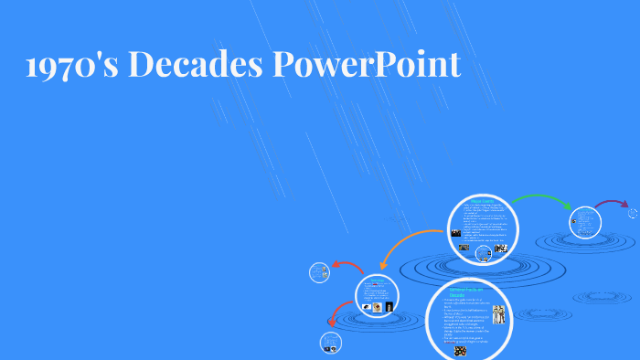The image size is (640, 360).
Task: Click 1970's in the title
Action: [x=74, y=64]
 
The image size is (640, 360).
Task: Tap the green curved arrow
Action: [x=541, y=200]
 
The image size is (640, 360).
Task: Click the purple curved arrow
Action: [x=611, y=204]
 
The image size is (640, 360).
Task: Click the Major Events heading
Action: [x=481, y=200]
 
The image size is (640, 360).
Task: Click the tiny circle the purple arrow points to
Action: [x=633, y=213]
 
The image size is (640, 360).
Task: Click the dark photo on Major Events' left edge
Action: [x=454, y=233]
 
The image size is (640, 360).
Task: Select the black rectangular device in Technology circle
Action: [x=389, y=307]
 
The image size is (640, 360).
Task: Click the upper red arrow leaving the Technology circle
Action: [x=347, y=267]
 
